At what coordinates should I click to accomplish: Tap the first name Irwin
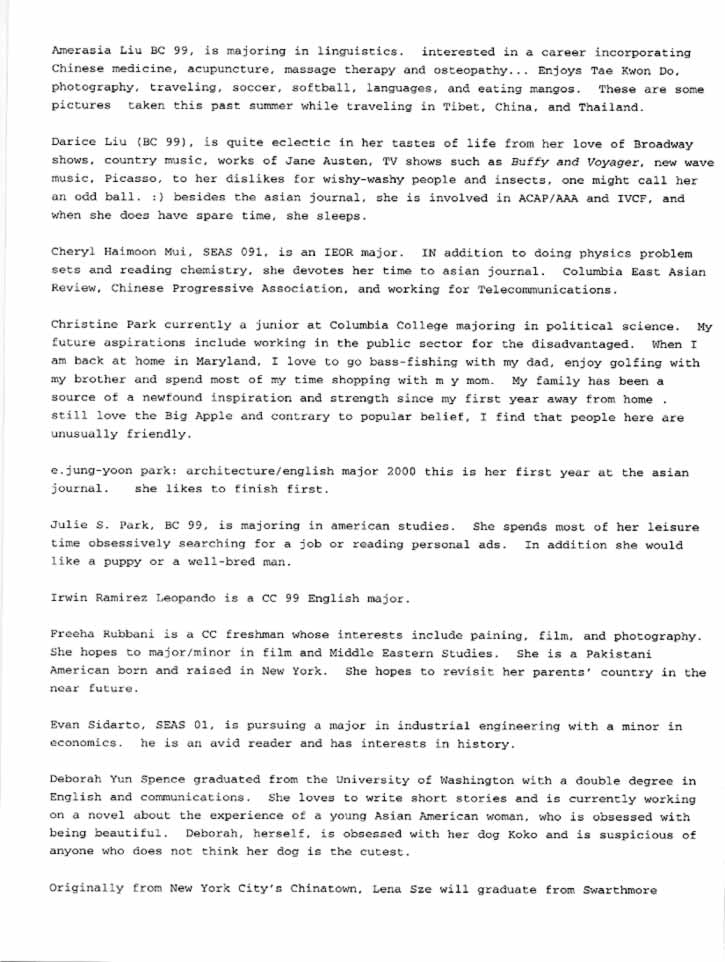(71, 600)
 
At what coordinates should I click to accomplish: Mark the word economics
(87, 746)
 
